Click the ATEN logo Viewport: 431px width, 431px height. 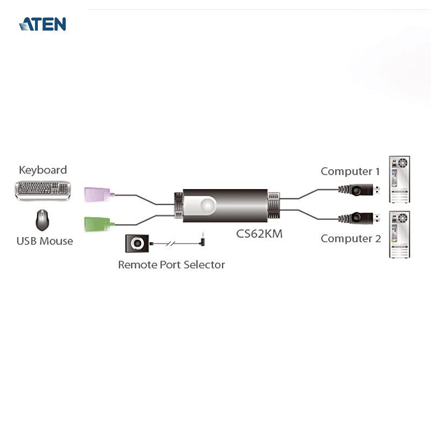tap(43, 24)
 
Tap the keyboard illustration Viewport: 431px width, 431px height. tap(43, 191)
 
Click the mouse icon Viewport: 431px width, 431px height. tap(43, 220)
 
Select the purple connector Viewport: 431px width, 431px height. tap(98, 194)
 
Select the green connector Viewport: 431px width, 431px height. tap(98, 224)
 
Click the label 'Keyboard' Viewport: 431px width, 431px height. tap(43, 170)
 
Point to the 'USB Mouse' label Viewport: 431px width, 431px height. tap(45, 241)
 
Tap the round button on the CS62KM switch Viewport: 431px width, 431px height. tap(207, 205)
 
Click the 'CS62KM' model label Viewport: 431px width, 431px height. tap(259, 234)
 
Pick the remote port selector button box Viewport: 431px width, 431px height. tap(137, 244)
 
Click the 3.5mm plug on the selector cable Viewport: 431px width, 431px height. tap(203, 239)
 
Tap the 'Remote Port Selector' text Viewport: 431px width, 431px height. tap(171, 265)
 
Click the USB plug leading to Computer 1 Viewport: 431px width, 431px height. tap(359, 190)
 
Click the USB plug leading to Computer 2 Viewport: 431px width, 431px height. tap(359, 218)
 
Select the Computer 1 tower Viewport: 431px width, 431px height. tap(399, 179)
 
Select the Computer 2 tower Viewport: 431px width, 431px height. tap(399, 234)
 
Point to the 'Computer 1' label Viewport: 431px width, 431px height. tap(350, 171)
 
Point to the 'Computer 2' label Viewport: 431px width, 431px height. tap(351, 239)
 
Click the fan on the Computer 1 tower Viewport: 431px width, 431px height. tap(402, 163)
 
